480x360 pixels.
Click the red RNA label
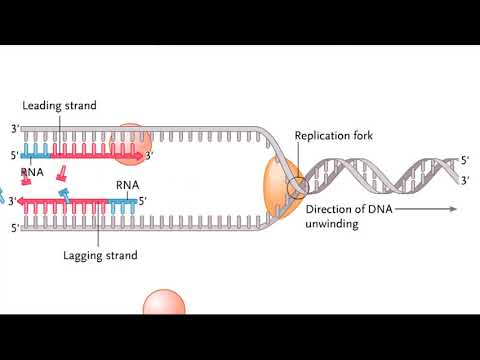(32, 172)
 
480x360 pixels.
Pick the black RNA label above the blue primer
(128, 184)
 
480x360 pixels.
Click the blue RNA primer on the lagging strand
(123, 201)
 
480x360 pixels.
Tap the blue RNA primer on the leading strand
(36, 155)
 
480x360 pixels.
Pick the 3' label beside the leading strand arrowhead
(150, 155)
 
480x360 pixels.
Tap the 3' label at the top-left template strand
(14, 129)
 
